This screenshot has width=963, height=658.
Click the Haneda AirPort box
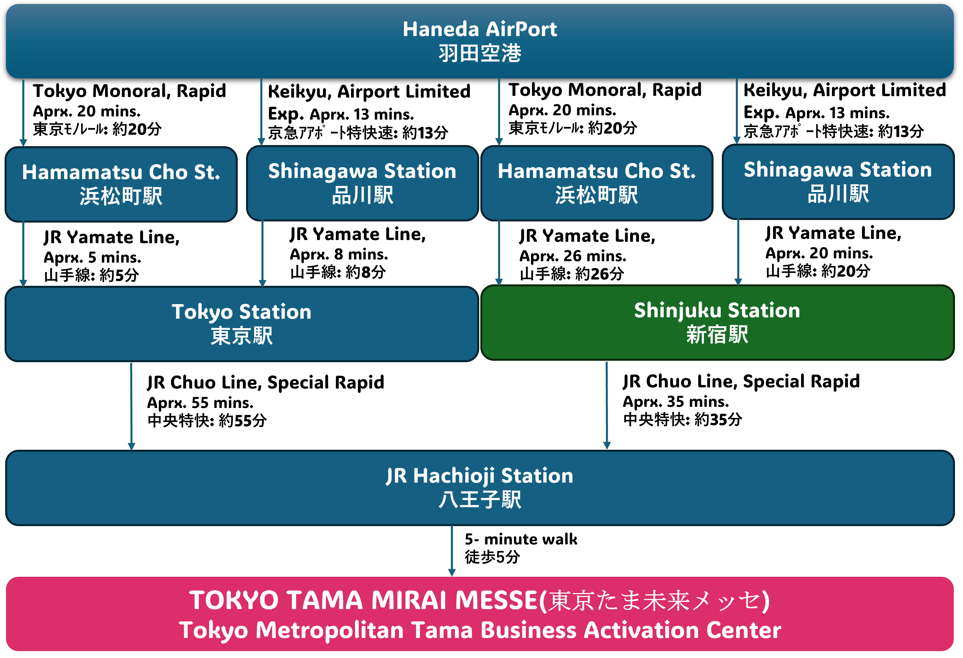[x=480, y=41]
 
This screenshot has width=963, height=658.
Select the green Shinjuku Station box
[x=718, y=322]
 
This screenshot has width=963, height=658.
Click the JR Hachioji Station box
[x=480, y=488]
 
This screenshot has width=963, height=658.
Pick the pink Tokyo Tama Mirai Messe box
[x=480, y=614]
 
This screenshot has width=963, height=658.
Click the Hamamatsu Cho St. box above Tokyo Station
[x=121, y=184]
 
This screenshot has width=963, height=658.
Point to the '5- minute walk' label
[x=521, y=539]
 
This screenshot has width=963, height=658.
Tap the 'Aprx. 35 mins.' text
[x=676, y=401]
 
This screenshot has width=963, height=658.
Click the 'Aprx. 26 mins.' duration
[x=573, y=256]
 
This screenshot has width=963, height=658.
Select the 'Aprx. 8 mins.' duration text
[x=339, y=254]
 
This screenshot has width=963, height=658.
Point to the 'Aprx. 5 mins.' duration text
[x=92, y=257]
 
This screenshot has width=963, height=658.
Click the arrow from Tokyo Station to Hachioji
[x=131, y=406]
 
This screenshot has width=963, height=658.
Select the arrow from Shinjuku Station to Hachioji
[x=607, y=405]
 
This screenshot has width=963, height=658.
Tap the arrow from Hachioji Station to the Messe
[x=452, y=551]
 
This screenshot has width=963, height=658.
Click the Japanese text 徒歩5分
[x=492, y=557]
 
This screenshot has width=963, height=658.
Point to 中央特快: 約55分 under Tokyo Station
[x=207, y=421]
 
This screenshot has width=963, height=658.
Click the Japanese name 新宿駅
[x=717, y=334]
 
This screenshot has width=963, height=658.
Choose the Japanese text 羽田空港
[x=480, y=53]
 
